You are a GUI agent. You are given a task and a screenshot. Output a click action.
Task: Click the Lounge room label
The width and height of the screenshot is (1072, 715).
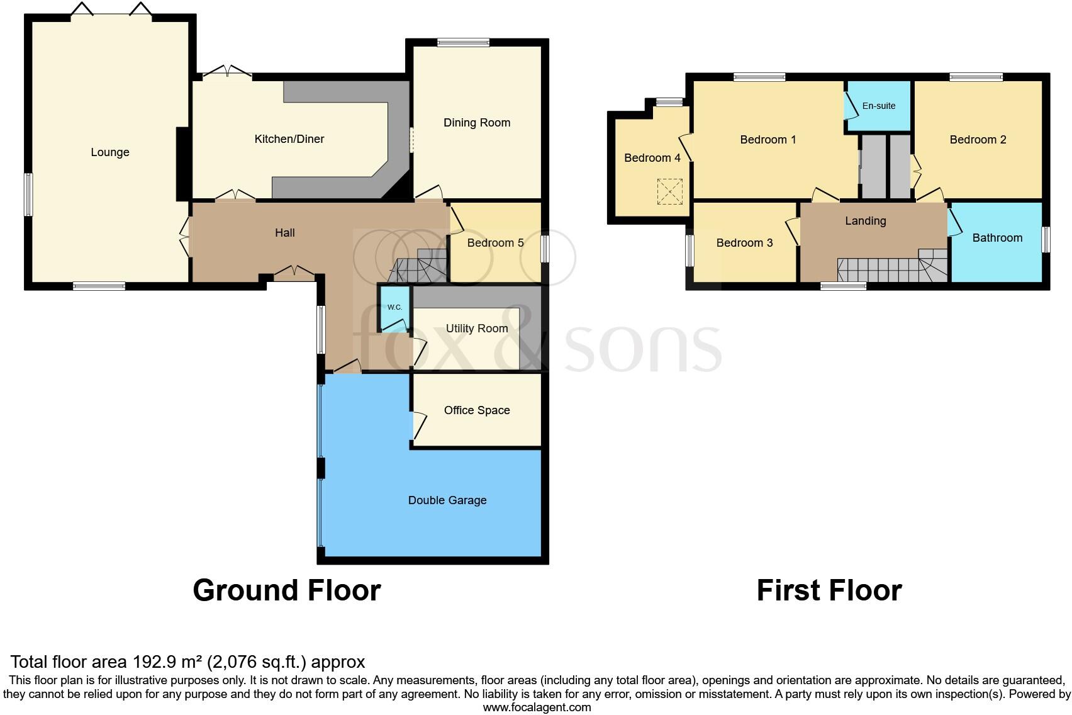point(110,152)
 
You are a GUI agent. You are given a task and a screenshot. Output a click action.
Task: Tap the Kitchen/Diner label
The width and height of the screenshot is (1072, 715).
point(289,139)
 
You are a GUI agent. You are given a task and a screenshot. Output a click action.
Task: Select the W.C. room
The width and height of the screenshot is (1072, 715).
point(394,308)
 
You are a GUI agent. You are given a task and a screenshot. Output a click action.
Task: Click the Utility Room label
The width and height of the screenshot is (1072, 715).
point(476,329)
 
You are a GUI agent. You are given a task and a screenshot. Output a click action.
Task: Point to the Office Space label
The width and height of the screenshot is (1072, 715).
point(476,410)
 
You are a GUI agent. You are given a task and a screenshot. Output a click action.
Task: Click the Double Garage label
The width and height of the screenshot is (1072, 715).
point(447,500)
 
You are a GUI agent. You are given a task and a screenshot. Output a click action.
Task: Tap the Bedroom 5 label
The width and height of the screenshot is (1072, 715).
point(495,243)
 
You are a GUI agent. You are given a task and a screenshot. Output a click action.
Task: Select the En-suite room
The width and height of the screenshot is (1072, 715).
point(878,106)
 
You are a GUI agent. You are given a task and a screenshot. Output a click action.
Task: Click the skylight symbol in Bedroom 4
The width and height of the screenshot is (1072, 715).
point(669,191)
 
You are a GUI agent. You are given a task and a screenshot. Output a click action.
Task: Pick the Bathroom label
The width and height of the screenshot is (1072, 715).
point(997,238)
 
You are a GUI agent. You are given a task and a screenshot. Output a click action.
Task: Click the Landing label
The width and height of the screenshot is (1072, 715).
point(865,221)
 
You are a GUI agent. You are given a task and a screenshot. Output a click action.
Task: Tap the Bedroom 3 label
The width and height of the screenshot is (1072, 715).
point(744,243)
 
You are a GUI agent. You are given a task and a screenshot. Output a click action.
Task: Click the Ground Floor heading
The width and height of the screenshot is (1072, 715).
point(286,590)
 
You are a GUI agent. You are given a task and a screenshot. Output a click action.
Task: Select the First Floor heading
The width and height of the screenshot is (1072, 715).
point(829,590)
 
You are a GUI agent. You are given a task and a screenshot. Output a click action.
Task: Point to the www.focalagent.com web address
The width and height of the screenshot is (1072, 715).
point(537,707)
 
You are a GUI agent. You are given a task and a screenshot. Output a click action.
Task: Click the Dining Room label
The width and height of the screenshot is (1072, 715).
point(476,123)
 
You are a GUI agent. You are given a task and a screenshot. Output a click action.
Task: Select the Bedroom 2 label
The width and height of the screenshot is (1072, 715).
point(978,140)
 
